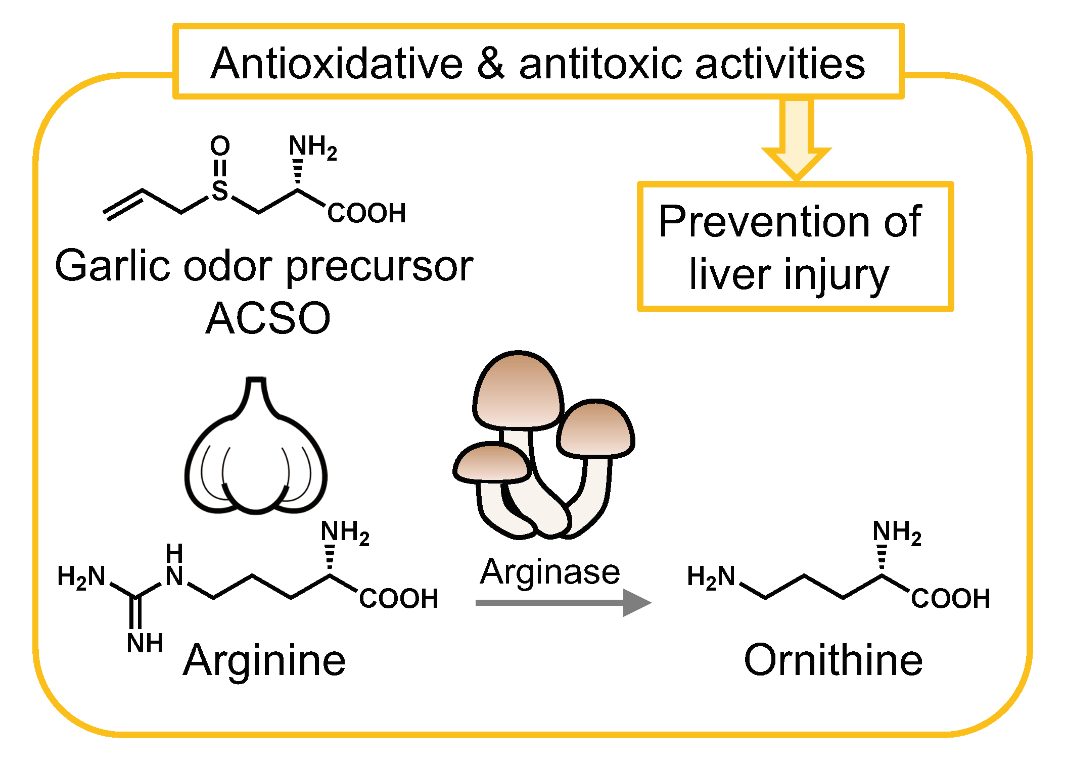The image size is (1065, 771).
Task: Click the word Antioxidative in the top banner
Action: (337, 64)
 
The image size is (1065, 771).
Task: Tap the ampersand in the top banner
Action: (491, 64)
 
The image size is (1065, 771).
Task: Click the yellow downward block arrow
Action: (796, 139)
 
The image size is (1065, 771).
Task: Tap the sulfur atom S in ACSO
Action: (220, 190)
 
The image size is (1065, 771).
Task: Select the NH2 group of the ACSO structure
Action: (312, 147)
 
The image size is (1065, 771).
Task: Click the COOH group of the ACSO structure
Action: (366, 213)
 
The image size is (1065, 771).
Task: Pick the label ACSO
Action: (268, 318)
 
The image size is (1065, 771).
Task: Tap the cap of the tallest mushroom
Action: (518, 392)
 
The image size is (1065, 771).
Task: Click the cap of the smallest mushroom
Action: (491, 462)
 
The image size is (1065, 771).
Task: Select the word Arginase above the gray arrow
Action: (550, 572)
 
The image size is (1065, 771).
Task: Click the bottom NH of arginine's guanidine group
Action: (145, 643)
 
